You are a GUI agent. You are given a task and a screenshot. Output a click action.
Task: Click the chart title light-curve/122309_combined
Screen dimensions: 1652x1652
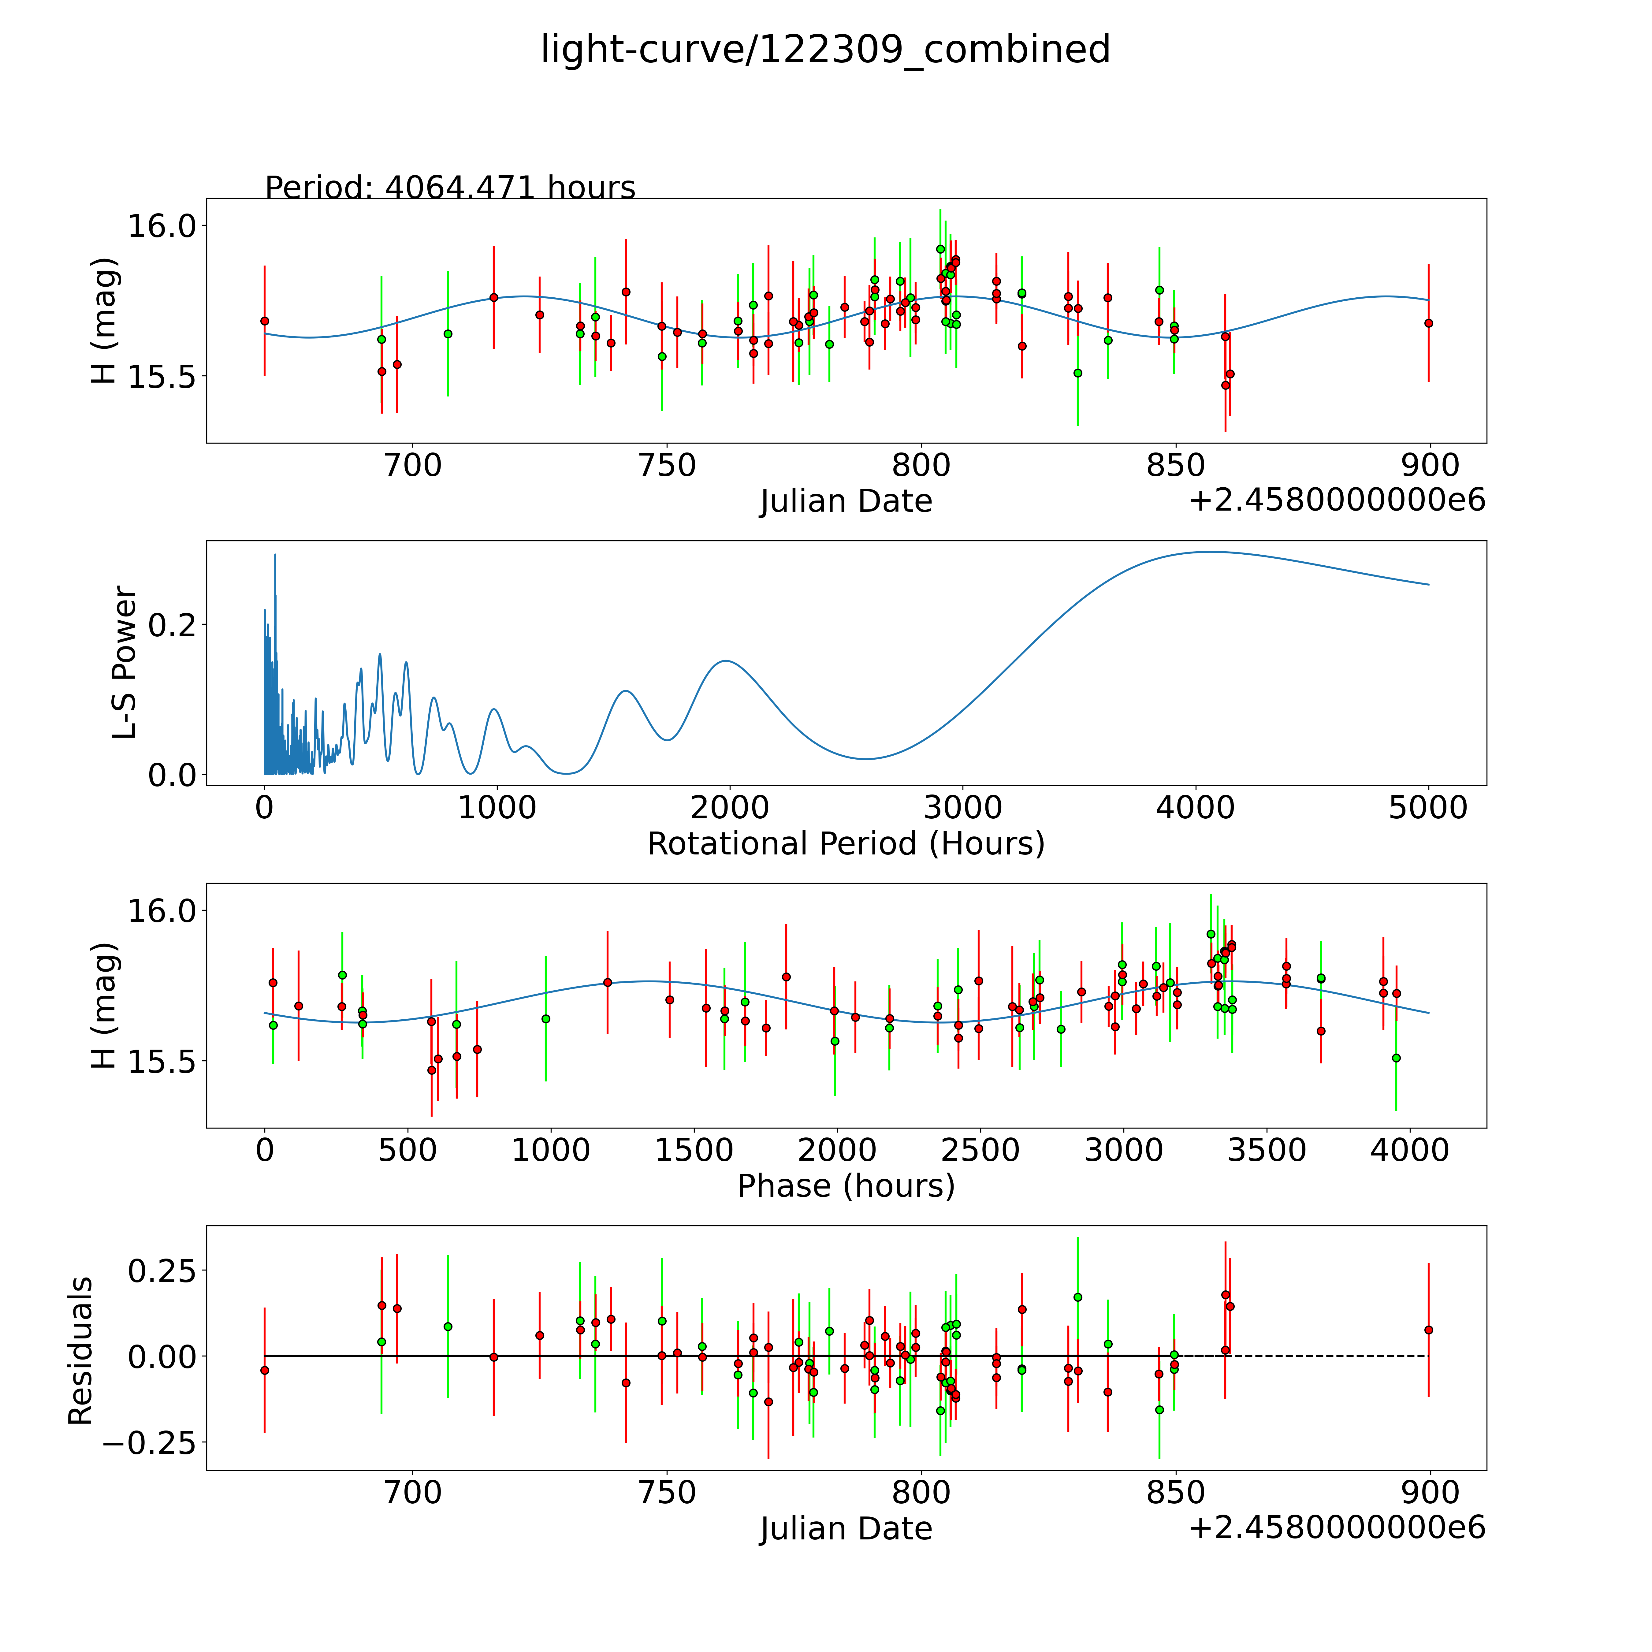pos(825,50)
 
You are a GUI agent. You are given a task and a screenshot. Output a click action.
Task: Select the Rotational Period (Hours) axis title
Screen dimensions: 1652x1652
pos(846,844)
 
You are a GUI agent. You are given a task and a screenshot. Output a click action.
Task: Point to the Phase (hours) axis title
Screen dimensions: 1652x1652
pos(846,1186)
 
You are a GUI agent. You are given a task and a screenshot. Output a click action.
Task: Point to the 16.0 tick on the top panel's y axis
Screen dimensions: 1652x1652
pos(162,226)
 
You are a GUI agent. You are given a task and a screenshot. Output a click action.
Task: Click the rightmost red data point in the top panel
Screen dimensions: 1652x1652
pos(1428,323)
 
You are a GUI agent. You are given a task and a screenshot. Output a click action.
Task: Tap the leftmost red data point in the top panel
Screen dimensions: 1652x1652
pos(264,321)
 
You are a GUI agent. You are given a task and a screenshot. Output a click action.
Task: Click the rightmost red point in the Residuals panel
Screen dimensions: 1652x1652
pos(1428,1330)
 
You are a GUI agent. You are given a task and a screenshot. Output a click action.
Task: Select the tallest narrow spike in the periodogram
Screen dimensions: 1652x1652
pos(274,555)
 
